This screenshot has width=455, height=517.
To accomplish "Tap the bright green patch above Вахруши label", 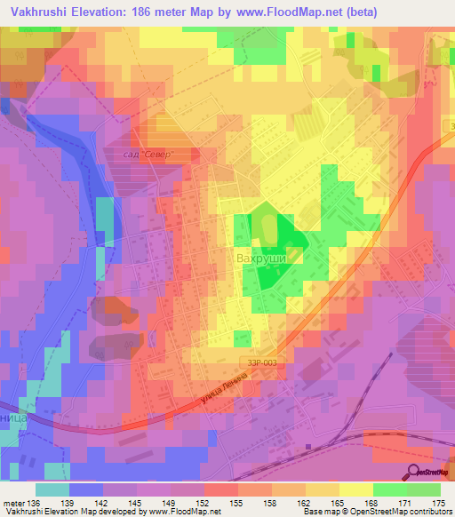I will coord(271,226).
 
